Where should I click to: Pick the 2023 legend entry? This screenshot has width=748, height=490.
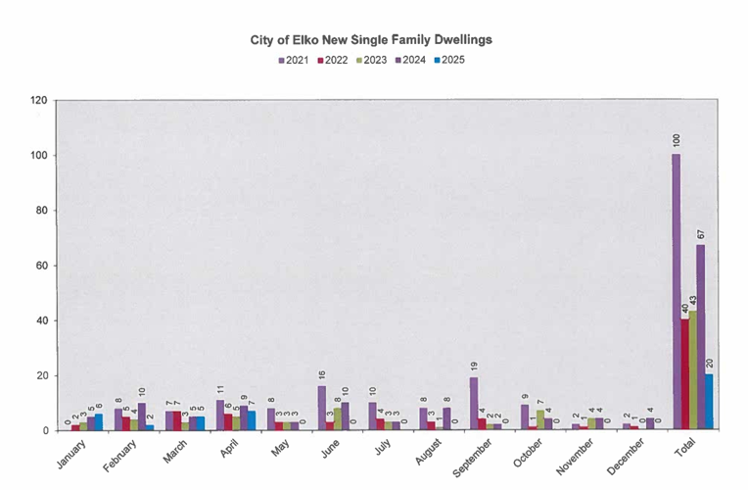tap(371, 60)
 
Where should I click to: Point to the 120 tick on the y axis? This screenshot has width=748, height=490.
tap(38, 100)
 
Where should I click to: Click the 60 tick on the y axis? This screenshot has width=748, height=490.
tap(41, 266)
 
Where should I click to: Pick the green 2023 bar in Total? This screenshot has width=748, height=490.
tap(693, 370)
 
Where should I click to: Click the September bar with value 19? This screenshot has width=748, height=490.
tap(473, 404)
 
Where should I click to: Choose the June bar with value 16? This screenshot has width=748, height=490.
tap(321, 408)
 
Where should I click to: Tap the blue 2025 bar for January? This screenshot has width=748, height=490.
tap(99, 422)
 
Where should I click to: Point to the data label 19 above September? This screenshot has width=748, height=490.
tap(473, 367)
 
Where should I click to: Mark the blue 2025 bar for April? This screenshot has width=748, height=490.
tap(251, 420)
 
